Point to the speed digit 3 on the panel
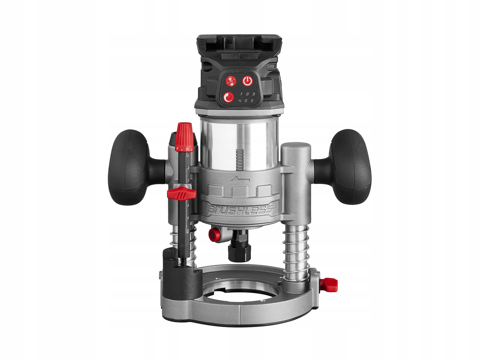253,94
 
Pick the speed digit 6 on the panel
252,101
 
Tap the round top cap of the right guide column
296,147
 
